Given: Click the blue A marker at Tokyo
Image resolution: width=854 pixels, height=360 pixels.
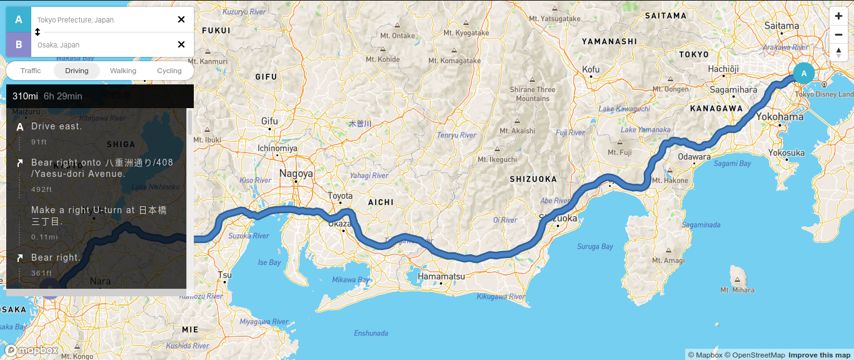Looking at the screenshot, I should pyautogui.click(x=804, y=73).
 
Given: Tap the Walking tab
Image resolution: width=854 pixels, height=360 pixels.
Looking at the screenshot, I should pyautogui.click(x=123, y=71).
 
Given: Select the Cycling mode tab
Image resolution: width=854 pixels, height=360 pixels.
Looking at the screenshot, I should pyautogui.click(x=169, y=71).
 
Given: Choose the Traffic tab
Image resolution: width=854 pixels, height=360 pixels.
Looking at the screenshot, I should pyautogui.click(x=31, y=71).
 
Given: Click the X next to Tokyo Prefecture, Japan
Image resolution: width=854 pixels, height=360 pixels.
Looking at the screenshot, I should pyautogui.click(x=181, y=19).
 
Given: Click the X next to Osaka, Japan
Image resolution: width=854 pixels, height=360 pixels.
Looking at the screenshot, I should pyautogui.click(x=181, y=44).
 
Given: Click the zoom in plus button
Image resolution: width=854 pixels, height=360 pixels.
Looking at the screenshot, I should pyautogui.click(x=838, y=16).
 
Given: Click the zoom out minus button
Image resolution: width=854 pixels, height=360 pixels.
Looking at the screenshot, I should pyautogui.click(x=838, y=34).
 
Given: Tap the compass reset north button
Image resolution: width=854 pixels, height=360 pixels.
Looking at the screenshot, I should pyautogui.click(x=838, y=52).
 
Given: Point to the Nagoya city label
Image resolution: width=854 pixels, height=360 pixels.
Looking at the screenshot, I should pyautogui.click(x=296, y=174).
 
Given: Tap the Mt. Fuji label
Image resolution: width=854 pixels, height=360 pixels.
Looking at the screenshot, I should pyautogui.click(x=620, y=152).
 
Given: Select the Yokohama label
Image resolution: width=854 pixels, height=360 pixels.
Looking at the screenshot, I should pyautogui.click(x=780, y=117).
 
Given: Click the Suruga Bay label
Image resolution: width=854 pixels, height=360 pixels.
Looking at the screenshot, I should pyautogui.click(x=595, y=247).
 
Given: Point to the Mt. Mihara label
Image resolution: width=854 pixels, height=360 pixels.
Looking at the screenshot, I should pyautogui.click(x=737, y=290).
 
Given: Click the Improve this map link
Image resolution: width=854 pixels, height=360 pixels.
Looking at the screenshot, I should pyautogui.click(x=819, y=355).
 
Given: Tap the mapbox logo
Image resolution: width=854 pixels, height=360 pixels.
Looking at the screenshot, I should pyautogui.click(x=33, y=351).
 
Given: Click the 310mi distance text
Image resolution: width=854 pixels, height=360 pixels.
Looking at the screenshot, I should pyautogui.click(x=25, y=96).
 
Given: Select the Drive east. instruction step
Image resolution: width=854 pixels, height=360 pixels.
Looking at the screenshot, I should pyautogui.click(x=56, y=126).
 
